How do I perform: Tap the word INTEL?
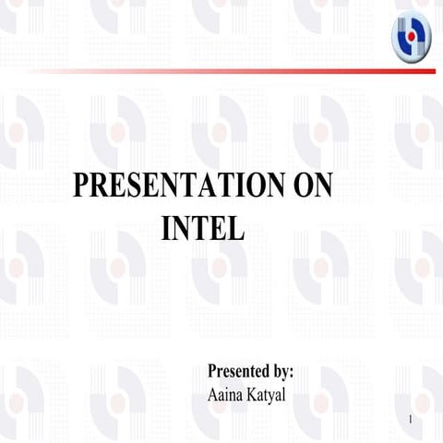[203, 227]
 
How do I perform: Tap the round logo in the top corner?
[412, 40]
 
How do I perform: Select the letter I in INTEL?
[166, 227]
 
